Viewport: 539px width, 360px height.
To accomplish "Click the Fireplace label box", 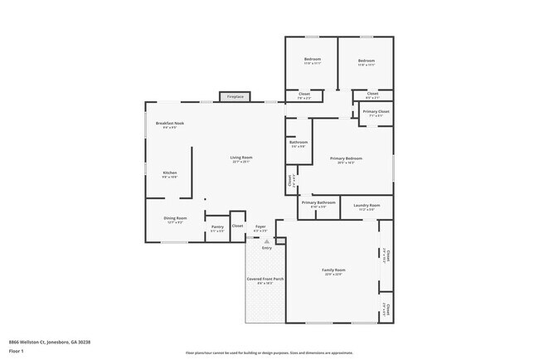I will (x=236, y=97).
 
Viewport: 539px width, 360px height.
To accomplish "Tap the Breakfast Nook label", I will (x=169, y=124).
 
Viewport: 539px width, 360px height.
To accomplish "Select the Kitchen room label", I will (x=169, y=173).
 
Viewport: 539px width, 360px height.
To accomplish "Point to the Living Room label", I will (x=241, y=158).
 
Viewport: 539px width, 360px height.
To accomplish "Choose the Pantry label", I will (x=217, y=226).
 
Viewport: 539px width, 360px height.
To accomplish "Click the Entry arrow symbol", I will (x=267, y=241).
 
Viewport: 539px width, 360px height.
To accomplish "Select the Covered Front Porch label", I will (x=265, y=280).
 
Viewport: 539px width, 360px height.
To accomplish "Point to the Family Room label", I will (x=334, y=270).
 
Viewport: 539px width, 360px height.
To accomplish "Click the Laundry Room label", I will (x=367, y=205).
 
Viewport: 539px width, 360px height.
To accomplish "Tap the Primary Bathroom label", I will (x=318, y=202).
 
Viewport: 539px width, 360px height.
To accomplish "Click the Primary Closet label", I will (x=376, y=111).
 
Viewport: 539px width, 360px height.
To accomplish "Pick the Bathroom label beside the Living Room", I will (x=299, y=143).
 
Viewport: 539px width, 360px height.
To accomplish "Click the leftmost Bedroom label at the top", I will (x=312, y=60).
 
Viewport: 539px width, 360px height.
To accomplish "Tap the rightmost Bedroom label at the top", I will (x=366, y=60).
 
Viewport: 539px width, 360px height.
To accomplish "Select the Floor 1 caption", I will (x=17, y=352).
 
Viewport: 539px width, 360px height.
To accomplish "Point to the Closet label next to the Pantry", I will (x=237, y=226).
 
